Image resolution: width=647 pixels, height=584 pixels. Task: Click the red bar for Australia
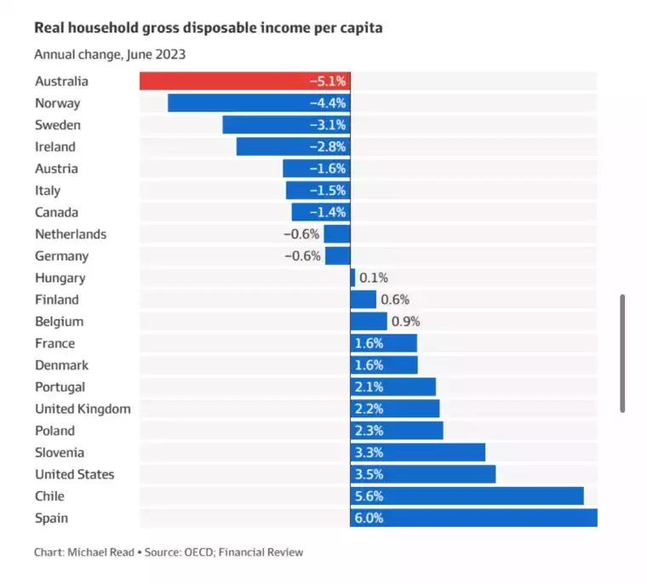244,82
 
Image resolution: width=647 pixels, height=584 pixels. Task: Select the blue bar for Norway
259,104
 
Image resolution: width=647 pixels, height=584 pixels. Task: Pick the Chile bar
467,496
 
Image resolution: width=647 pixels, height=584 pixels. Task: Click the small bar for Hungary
352,278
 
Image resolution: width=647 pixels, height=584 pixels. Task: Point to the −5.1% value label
328,82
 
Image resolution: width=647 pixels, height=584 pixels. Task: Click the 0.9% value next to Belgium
405,322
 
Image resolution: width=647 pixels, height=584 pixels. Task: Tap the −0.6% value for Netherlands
302,234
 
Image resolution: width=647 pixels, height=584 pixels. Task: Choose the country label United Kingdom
83,409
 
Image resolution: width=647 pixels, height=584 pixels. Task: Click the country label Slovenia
60,453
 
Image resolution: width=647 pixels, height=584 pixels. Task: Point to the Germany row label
61,256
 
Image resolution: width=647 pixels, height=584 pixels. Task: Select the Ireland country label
55,147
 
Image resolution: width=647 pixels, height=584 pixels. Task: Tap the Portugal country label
60,387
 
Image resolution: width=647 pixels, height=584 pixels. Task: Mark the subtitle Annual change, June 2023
110,54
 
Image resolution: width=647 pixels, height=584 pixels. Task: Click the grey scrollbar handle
622,353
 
